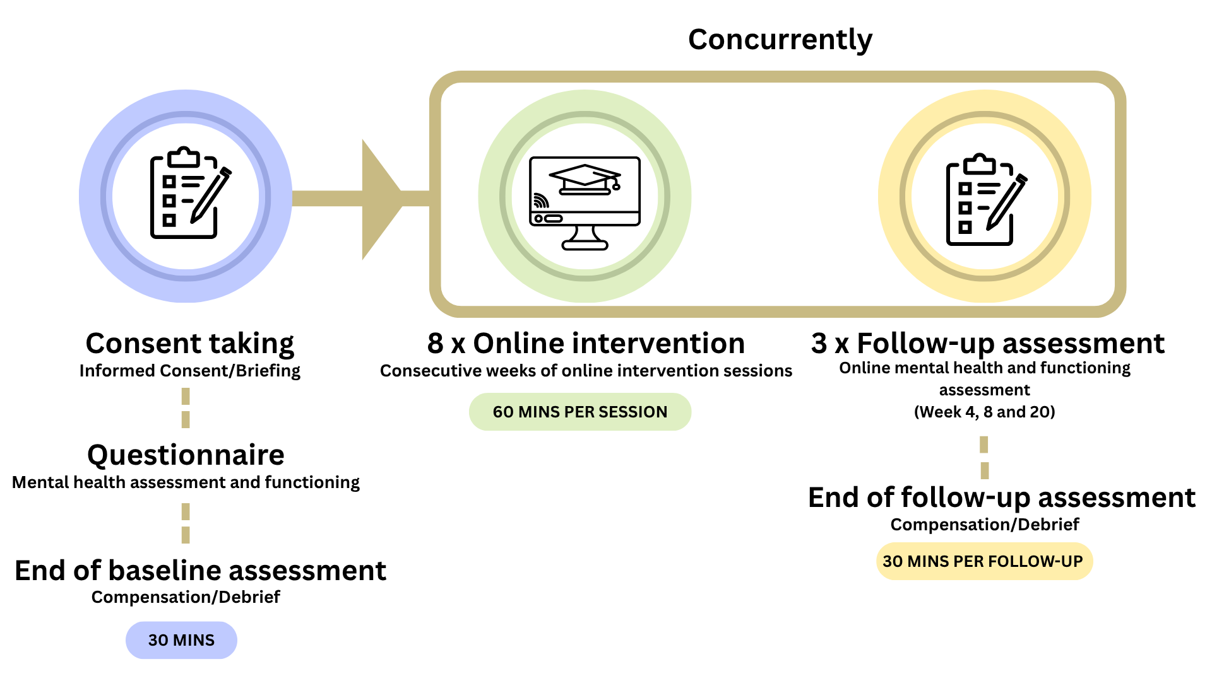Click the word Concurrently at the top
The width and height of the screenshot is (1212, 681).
[780, 40]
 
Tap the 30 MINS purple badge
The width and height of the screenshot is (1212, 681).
[181, 640]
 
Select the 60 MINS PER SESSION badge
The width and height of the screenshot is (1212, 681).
[579, 412]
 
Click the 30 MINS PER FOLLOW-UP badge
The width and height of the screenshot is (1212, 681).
[983, 561]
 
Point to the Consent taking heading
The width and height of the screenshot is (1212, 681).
[189, 344]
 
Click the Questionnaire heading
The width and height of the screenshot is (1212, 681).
[186, 455]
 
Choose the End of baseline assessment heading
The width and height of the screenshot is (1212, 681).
[200, 571]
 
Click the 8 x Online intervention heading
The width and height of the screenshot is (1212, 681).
[586, 344]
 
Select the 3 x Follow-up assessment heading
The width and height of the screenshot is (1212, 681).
[987, 344]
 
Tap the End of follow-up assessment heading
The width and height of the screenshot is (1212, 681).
[1001, 498]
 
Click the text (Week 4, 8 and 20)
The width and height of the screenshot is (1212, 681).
[984, 412]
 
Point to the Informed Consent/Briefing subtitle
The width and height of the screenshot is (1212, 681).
[189, 371]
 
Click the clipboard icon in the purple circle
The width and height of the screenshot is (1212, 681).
[183, 195]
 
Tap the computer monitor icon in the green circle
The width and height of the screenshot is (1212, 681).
[585, 202]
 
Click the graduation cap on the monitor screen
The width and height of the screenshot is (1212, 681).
[585, 178]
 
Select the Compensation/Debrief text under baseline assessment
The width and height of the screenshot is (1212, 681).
[186, 597]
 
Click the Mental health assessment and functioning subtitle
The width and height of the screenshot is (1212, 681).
[186, 482]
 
